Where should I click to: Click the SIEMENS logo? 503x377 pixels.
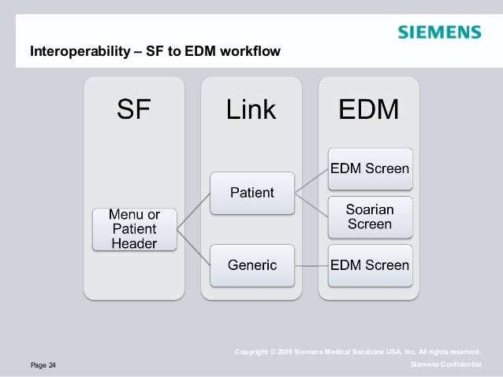(438, 32)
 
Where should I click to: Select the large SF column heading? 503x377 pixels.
(133, 109)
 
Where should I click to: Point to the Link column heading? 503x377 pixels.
(251, 109)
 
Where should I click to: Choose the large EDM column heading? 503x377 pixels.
(368, 109)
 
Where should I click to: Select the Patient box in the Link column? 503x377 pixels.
(251, 192)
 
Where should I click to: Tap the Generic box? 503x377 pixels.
(251, 264)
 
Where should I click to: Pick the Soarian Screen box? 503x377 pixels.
(369, 216)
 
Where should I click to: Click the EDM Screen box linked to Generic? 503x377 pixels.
(369, 264)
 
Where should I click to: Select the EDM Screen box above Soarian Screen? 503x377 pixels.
(369, 168)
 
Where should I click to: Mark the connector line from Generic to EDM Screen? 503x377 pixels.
(311, 264)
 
